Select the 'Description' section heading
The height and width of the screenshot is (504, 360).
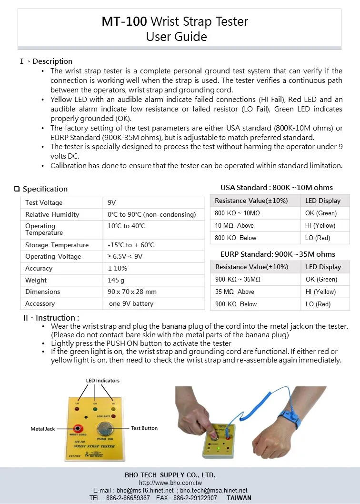point(52,61)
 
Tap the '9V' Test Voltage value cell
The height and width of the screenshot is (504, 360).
point(112,203)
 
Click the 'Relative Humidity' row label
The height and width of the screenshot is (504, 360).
point(52,215)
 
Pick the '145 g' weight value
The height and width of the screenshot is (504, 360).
point(116,280)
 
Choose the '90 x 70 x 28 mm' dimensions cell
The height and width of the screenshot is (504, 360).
point(132,292)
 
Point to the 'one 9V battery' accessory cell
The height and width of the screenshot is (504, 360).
point(131,303)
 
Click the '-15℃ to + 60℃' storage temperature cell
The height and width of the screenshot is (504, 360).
point(131,245)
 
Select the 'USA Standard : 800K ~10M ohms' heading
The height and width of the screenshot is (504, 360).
point(277,188)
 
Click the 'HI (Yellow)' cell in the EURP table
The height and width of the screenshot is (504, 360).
point(320,292)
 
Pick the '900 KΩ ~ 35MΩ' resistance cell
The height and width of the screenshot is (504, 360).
point(238,280)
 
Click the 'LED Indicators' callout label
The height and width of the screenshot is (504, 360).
point(102,381)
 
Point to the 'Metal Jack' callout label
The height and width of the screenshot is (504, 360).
point(43,429)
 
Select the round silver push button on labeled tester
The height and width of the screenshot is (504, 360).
point(104,427)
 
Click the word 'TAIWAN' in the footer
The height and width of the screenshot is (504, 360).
point(239,498)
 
